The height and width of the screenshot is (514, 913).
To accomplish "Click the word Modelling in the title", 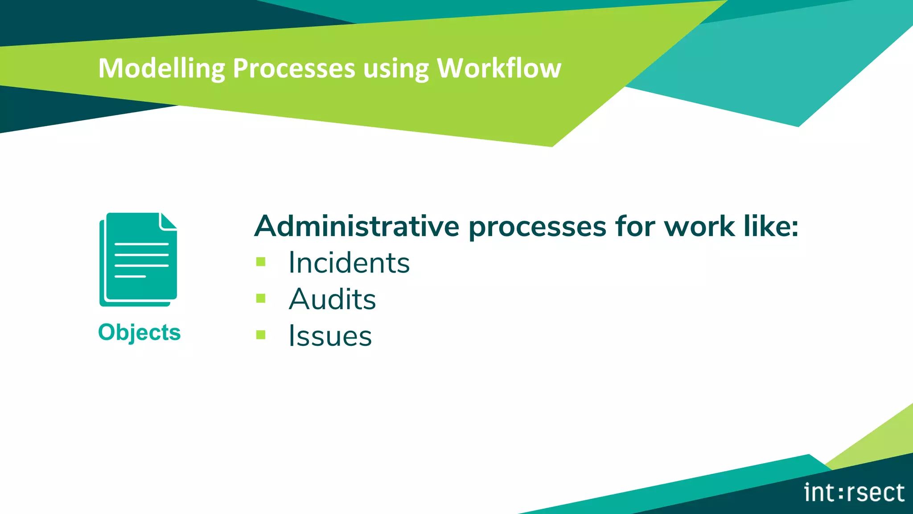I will click(161, 68).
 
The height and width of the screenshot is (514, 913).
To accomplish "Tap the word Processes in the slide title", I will click(294, 68).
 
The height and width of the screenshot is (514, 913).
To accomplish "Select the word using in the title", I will click(395, 69).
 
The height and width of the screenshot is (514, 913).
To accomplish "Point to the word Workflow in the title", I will click(499, 68).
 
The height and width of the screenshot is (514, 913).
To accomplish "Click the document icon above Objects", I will click(138, 259).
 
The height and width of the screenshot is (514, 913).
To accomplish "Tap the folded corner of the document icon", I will click(168, 221).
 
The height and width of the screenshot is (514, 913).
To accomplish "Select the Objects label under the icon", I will click(139, 332).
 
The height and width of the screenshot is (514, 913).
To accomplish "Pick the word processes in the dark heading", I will click(537, 227).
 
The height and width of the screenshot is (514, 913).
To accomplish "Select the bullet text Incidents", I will click(349, 262).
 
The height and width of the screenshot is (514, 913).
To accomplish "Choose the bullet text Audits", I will click(333, 299).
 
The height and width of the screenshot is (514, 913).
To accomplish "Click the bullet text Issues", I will click(330, 336).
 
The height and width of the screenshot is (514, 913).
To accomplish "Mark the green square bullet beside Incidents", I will click(261, 261).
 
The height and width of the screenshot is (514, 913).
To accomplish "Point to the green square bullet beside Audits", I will click(261, 298).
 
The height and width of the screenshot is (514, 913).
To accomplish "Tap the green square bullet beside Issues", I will click(261, 335).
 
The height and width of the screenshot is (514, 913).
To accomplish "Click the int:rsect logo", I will click(854, 493).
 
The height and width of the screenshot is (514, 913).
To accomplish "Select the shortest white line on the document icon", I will click(130, 277).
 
